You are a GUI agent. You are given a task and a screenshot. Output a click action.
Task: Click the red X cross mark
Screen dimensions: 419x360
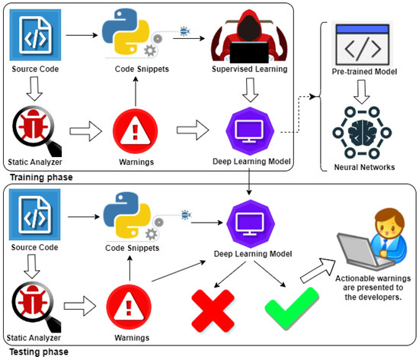coord(213,310)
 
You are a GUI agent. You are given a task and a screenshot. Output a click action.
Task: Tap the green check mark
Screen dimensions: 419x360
coord(292,308)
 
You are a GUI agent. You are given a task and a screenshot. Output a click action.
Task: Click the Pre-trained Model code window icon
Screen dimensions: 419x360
coord(363,44)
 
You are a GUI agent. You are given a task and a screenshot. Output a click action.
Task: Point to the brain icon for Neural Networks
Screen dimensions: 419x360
coord(363,133)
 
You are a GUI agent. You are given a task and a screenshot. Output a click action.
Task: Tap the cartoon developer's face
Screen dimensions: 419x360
coord(389,227)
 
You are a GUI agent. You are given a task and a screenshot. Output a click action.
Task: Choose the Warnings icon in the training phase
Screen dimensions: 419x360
coord(135,131)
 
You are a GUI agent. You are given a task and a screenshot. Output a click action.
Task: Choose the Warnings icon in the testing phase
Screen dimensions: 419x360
coord(129,307)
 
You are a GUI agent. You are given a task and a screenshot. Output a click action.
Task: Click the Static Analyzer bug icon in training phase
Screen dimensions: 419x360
coord(37,130)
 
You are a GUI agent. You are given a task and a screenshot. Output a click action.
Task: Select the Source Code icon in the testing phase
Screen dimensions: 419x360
coord(35,214)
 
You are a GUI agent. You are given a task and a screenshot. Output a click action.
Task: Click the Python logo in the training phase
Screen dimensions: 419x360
coord(126,31)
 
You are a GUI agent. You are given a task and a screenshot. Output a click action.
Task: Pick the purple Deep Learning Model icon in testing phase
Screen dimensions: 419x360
coord(251,223)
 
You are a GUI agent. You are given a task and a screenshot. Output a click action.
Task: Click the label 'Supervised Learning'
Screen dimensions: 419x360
coord(250,69)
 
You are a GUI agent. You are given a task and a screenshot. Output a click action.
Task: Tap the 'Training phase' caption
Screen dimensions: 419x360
coord(41,177)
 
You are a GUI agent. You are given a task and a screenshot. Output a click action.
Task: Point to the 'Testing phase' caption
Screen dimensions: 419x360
coord(39,352)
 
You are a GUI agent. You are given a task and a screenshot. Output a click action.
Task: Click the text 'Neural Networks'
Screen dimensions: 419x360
coord(364,167)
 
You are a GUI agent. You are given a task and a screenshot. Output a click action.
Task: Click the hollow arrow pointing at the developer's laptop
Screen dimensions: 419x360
coord(318,270)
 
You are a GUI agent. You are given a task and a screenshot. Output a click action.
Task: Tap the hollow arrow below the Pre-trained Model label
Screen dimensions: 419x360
coord(362,92)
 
